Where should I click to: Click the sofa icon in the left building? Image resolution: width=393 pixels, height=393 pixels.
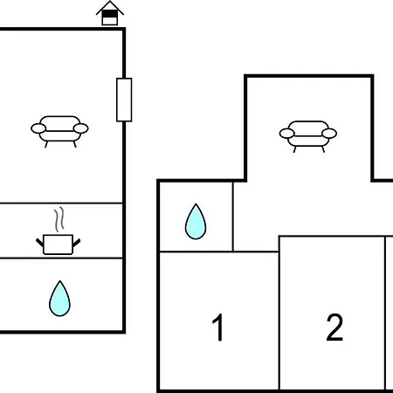[x=59, y=132]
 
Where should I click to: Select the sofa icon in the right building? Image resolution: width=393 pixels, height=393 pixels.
[x=308, y=136]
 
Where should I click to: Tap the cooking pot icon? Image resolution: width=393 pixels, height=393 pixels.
[x=58, y=245]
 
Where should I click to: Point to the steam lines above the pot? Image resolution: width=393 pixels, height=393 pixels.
[x=59, y=219]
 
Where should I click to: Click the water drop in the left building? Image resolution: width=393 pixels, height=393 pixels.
[x=59, y=299]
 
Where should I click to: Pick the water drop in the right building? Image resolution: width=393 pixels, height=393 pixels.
[x=196, y=222]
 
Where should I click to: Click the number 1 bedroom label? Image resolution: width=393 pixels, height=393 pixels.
[x=217, y=327]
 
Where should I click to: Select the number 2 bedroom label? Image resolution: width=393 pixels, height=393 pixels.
[x=334, y=327]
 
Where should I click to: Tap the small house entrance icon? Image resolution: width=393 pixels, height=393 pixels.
[x=110, y=13]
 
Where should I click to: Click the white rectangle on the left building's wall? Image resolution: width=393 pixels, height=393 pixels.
[x=124, y=100]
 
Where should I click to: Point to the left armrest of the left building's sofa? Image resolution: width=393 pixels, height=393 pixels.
[x=38, y=128]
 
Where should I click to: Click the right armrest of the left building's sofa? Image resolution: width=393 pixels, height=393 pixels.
[x=81, y=128]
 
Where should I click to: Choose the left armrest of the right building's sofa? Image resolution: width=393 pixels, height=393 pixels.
[x=287, y=134]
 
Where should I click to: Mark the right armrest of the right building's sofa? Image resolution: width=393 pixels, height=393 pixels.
[x=329, y=134]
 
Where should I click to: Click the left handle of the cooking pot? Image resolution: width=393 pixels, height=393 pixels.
[x=40, y=242]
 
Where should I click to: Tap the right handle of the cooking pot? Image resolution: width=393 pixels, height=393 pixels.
[x=76, y=242]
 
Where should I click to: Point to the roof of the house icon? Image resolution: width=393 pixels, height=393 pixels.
[x=110, y=7]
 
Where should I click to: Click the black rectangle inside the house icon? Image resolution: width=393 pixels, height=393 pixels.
[x=110, y=14]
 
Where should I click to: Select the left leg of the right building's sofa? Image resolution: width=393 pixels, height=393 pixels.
[x=294, y=149]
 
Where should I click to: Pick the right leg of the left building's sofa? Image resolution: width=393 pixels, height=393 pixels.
[x=75, y=144]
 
